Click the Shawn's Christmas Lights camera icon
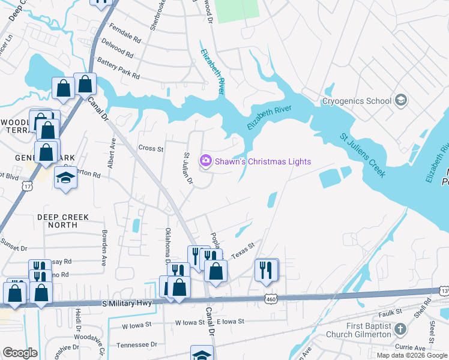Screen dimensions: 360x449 pos(205,161)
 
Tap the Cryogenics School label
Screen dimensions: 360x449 pos(357,101)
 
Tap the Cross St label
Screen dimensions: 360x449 pos(151,148)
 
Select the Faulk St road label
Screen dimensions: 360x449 pos(390,312)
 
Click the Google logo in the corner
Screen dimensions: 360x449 pos(20,353)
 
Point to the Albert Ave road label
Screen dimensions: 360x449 pos(112,151)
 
